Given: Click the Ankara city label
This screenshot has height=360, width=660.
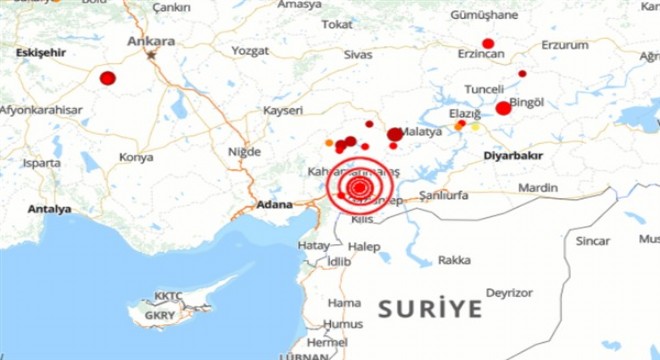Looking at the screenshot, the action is [151, 41].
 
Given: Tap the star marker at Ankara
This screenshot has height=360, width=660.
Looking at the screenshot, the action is [152, 55].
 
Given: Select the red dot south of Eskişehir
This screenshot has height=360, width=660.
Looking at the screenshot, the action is [108, 77].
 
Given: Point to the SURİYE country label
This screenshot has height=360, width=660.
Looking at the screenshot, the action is [430, 307].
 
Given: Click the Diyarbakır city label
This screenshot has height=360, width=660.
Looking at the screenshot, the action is [511, 156].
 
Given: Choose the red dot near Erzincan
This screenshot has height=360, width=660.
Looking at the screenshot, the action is [488, 44].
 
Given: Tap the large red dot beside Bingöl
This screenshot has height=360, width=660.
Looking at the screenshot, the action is [503, 109].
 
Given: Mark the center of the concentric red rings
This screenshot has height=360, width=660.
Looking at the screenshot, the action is [358, 187].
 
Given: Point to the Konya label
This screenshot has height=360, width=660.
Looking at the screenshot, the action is [136, 157].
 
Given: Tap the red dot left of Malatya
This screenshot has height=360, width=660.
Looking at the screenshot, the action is [395, 134].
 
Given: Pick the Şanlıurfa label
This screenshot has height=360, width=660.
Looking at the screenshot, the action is [444, 194].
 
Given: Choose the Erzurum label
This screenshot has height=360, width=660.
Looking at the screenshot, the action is [564, 45].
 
